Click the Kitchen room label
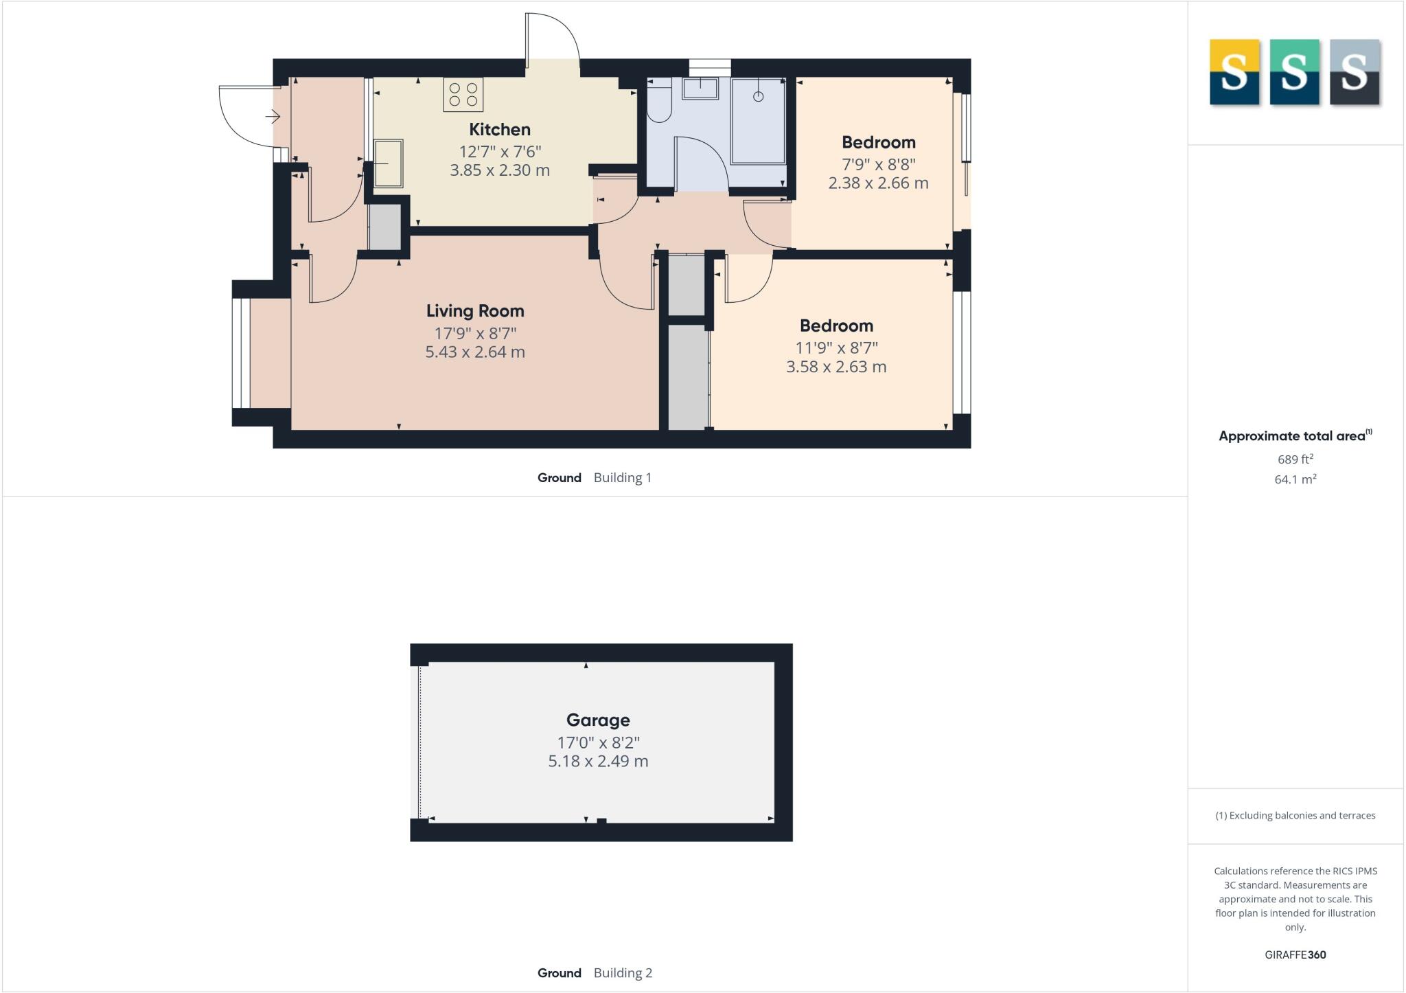click(x=499, y=129)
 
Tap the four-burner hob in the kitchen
click(x=463, y=95)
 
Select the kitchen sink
click(x=389, y=163)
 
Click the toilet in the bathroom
click(x=659, y=103)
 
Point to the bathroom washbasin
click(x=700, y=89)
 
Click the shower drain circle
click(x=758, y=97)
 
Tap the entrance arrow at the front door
click(x=273, y=117)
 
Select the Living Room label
click(x=475, y=311)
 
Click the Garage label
click(x=598, y=720)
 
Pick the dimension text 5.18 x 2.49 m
click(x=598, y=762)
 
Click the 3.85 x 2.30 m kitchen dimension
click(x=500, y=170)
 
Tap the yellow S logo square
click(x=1234, y=72)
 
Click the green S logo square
click(x=1294, y=72)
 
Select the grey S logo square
click(x=1355, y=72)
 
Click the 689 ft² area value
click(x=1295, y=459)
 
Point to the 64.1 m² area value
click(x=1295, y=479)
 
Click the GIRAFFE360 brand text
click(x=1295, y=955)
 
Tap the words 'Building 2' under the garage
click(x=623, y=973)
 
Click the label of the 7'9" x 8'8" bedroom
click(x=878, y=143)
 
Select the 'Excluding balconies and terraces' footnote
click(x=1295, y=816)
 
